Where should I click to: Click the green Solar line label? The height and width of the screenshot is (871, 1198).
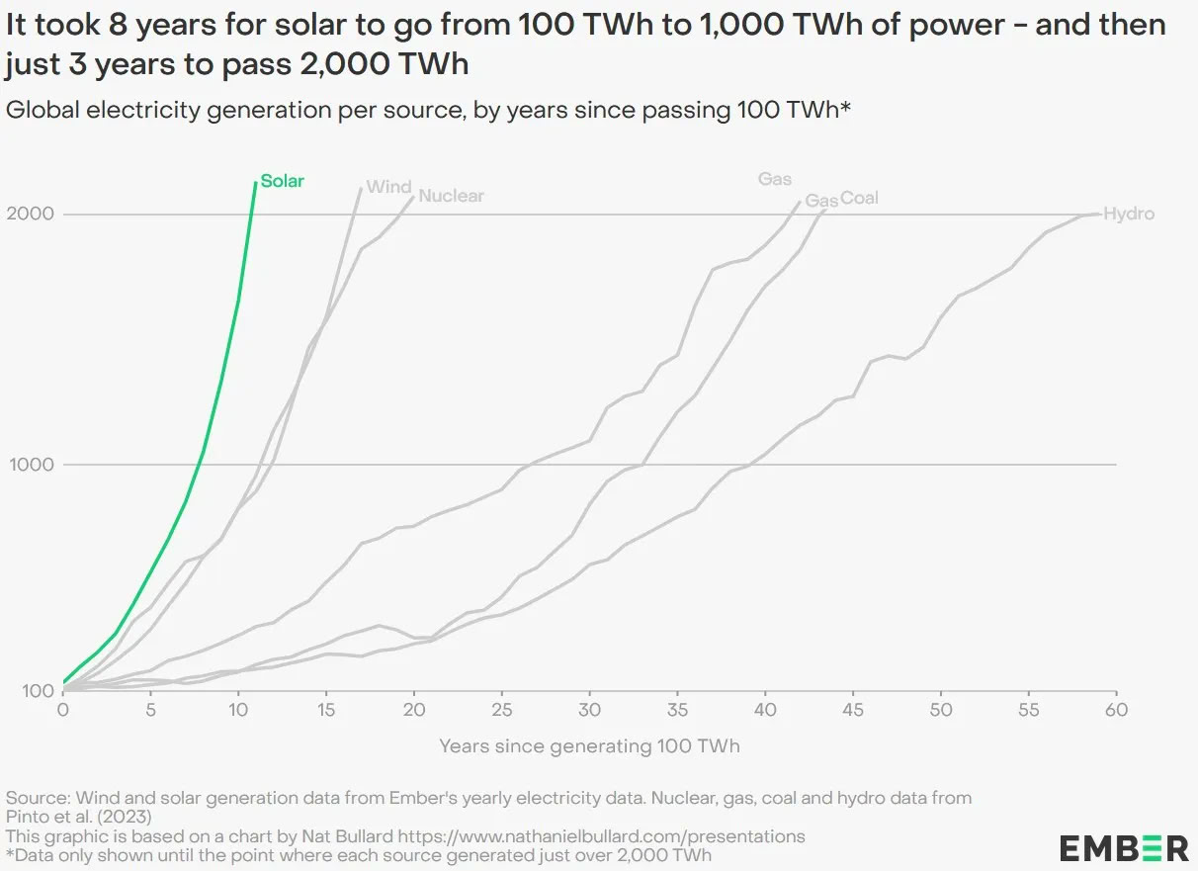(x=283, y=181)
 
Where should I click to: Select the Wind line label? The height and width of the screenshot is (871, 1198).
(x=388, y=187)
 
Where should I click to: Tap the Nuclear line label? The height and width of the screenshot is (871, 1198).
(x=452, y=196)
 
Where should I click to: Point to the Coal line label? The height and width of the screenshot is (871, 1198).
(x=859, y=199)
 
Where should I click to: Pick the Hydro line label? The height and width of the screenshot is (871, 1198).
(x=1129, y=214)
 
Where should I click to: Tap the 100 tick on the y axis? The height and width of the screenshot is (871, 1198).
(x=37, y=691)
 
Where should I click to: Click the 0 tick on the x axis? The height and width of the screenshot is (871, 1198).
(x=63, y=710)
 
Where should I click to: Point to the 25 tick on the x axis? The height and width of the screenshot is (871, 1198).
(x=502, y=710)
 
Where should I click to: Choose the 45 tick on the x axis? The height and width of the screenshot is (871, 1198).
(x=853, y=710)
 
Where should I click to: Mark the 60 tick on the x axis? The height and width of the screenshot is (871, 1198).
(x=1117, y=710)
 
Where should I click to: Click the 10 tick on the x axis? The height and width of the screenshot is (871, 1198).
(x=238, y=710)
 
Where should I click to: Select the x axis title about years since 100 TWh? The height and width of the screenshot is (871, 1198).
(x=589, y=746)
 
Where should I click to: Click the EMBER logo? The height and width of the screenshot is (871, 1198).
(x=1124, y=847)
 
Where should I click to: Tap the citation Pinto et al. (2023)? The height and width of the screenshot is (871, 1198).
(x=79, y=817)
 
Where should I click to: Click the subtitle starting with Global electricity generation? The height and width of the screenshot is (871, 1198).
(x=428, y=110)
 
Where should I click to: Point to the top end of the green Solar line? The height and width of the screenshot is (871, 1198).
(x=256, y=183)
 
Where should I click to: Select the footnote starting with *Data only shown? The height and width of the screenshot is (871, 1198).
(x=359, y=855)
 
